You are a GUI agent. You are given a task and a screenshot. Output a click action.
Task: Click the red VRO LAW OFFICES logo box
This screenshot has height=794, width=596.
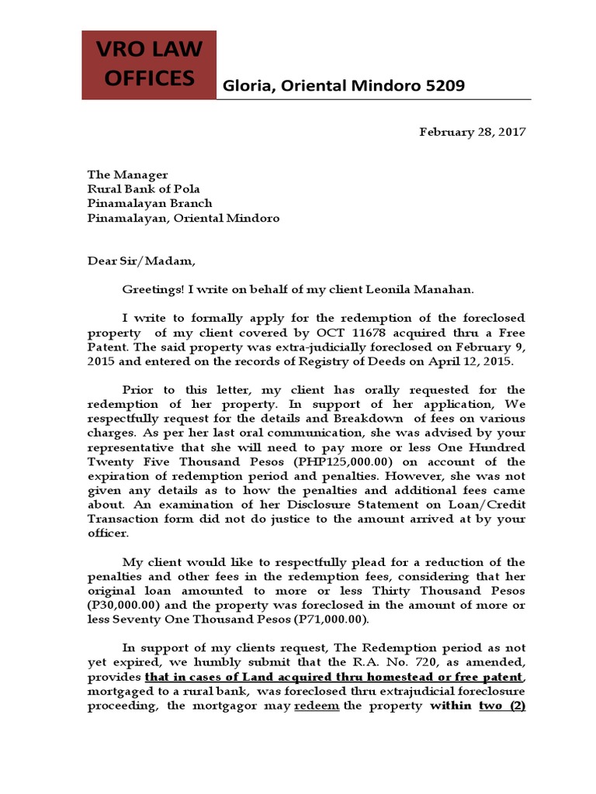(149, 65)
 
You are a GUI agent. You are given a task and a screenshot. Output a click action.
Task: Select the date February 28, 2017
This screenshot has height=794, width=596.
(473, 132)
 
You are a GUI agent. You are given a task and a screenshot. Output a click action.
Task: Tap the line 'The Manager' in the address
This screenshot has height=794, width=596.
(127, 175)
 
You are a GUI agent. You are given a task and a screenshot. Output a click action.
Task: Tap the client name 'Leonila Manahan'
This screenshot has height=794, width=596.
(449, 289)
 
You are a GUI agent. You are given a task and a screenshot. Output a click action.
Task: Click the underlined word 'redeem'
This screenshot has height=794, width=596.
(316, 706)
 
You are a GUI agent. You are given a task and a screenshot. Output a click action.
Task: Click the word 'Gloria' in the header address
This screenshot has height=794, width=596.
(245, 86)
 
